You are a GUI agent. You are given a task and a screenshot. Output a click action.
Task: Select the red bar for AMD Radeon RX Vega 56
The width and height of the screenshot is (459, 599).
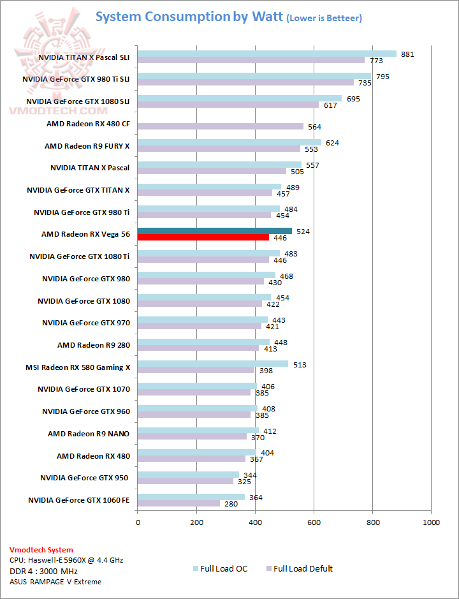pyautogui.click(x=203, y=237)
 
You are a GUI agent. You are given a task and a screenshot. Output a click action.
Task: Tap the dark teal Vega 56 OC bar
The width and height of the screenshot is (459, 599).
pyautogui.click(x=215, y=231)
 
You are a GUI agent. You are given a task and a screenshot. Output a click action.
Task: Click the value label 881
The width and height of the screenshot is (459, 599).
pyautogui.click(x=408, y=54)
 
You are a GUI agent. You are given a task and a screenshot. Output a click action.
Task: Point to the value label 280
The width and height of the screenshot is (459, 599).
pyautogui.click(x=230, y=504)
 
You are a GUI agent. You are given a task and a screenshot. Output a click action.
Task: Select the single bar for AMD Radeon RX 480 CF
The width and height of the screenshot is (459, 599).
pyautogui.click(x=221, y=126)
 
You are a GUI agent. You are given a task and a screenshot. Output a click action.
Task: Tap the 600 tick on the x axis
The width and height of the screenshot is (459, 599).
pyautogui.click(x=314, y=522)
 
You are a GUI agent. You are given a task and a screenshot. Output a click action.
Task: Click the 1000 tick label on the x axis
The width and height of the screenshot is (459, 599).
pyautogui.click(x=432, y=522)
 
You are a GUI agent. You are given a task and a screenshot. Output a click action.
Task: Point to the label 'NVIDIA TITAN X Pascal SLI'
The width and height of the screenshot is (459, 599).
pyautogui.click(x=84, y=57)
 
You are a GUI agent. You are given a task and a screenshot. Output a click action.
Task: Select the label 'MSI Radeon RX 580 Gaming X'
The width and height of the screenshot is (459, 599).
pyautogui.click(x=78, y=367)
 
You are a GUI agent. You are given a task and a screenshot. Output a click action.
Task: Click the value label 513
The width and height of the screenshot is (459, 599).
pyautogui.click(x=300, y=364)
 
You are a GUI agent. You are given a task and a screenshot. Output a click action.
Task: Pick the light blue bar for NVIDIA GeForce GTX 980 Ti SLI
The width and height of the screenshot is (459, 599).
pyautogui.click(x=254, y=76)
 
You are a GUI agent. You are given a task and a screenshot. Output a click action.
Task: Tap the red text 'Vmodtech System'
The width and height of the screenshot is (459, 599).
pyautogui.click(x=41, y=549)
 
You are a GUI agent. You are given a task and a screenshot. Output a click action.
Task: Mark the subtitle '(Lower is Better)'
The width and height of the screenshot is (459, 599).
pyautogui.click(x=324, y=18)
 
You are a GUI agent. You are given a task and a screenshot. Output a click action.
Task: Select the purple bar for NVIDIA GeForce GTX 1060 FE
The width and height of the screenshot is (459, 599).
pyautogui.click(x=178, y=503)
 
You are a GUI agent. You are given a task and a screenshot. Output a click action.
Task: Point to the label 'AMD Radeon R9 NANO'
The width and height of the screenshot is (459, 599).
pyautogui.click(x=89, y=434)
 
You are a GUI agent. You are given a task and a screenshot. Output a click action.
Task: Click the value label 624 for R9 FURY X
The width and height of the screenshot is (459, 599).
pyautogui.click(x=332, y=143)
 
